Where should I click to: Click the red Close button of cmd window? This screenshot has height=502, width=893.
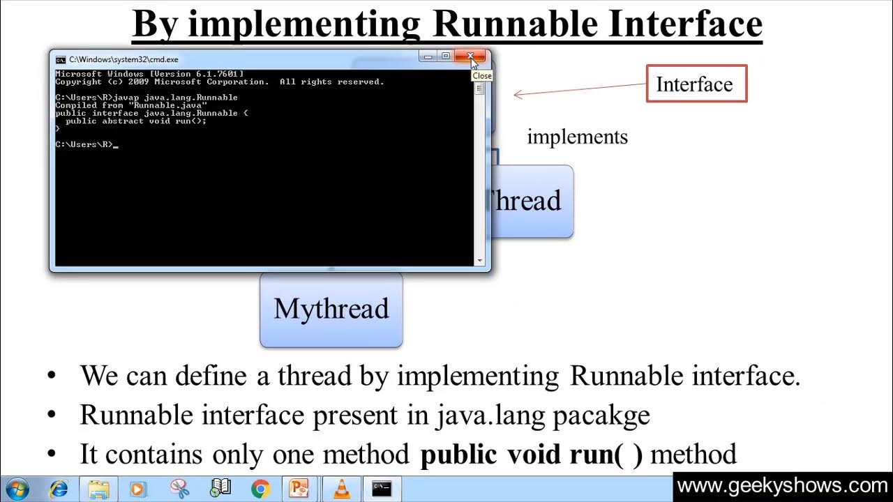coord(471,56)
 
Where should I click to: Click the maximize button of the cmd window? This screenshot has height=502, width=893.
coord(445,56)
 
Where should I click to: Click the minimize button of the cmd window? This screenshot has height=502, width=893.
coord(428,56)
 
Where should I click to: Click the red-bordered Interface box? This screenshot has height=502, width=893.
coord(696,84)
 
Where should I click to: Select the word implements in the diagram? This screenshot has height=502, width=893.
coord(577,137)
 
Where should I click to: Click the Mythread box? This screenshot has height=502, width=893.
coord(331,310)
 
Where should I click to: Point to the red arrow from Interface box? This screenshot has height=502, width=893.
coord(579,89)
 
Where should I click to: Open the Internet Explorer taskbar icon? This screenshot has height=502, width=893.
coord(59,489)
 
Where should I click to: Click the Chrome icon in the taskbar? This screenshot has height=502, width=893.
coord(260,489)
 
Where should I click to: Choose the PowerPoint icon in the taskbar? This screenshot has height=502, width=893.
coord(300,489)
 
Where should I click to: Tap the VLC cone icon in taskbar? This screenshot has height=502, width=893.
coord(341,489)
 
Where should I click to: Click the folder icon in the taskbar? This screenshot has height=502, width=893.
coord(98,489)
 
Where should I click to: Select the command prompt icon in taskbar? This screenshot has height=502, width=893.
coord(382,489)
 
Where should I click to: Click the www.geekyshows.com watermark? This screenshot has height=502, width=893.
coord(782,486)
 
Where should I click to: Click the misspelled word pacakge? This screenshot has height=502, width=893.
coord(601,416)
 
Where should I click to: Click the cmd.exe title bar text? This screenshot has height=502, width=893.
coord(123,60)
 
